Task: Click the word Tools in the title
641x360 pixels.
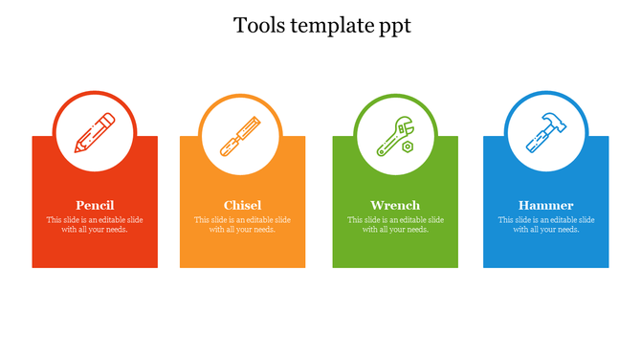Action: point(255,26)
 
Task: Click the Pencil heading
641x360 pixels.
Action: point(95,205)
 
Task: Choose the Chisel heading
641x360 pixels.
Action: point(242,205)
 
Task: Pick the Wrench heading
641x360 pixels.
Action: point(395,205)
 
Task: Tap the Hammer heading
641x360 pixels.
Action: point(546,205)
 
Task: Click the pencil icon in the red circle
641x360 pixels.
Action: point(95,135)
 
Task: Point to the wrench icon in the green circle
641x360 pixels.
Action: point(393,135)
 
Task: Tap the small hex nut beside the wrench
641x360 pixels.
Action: point(409,146)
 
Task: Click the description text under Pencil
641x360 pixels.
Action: point(95,224)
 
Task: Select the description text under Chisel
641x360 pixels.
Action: point(242,224)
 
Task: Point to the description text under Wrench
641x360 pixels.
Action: point(395,224)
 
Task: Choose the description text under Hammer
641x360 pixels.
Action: point(546,224)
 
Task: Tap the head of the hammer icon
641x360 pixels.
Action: point(554,120)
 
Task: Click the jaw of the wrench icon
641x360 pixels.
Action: point(406,123)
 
